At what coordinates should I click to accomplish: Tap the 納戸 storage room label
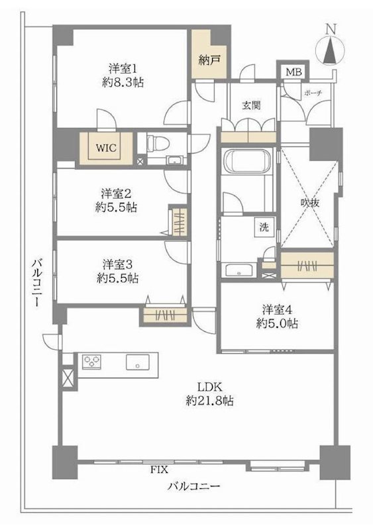click(210, 58)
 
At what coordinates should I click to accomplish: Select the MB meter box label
click(292, 72)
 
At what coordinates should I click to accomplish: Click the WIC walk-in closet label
click(108, 148)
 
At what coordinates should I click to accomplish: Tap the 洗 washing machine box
click(264, 227)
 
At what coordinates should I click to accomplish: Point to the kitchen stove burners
click(92, 362)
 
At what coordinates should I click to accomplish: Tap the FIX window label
click(158, 470)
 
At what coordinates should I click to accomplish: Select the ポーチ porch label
click(312, 93)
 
